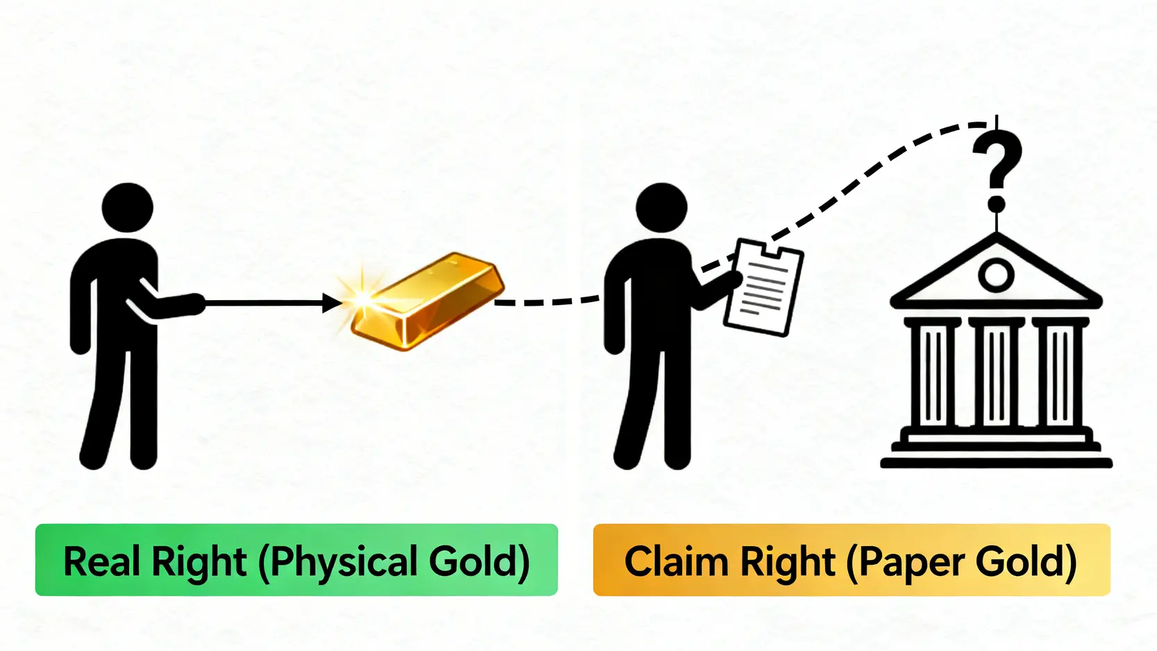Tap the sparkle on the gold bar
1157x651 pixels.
pyautogui.click(x=362, y=297)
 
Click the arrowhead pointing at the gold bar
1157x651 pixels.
pyautogui.click(x=332, y=303)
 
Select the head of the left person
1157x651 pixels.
pyautogui.click(x=127, y=207)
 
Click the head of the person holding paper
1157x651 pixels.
pyautogui.click(x=661, y=207)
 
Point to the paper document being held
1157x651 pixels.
pyautogui.click(x=763, y=287)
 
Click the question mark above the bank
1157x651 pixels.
pyautogui.click(x=997, y=160)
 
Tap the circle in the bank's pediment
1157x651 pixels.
pyautogui.click(x=996, y=275)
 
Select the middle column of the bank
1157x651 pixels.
pyautogui.click(x=997, y=375)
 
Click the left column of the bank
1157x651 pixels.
pyautogui.click(x=933, y=375)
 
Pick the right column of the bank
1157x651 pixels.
pyautogui.click(x=1060, y=375)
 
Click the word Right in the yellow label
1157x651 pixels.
pyautogui.click(x=787, y=561)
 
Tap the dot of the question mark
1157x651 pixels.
pyautogui.click(x=997, y=204)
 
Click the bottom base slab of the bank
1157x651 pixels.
pyautogui.click(x=996, y=463)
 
